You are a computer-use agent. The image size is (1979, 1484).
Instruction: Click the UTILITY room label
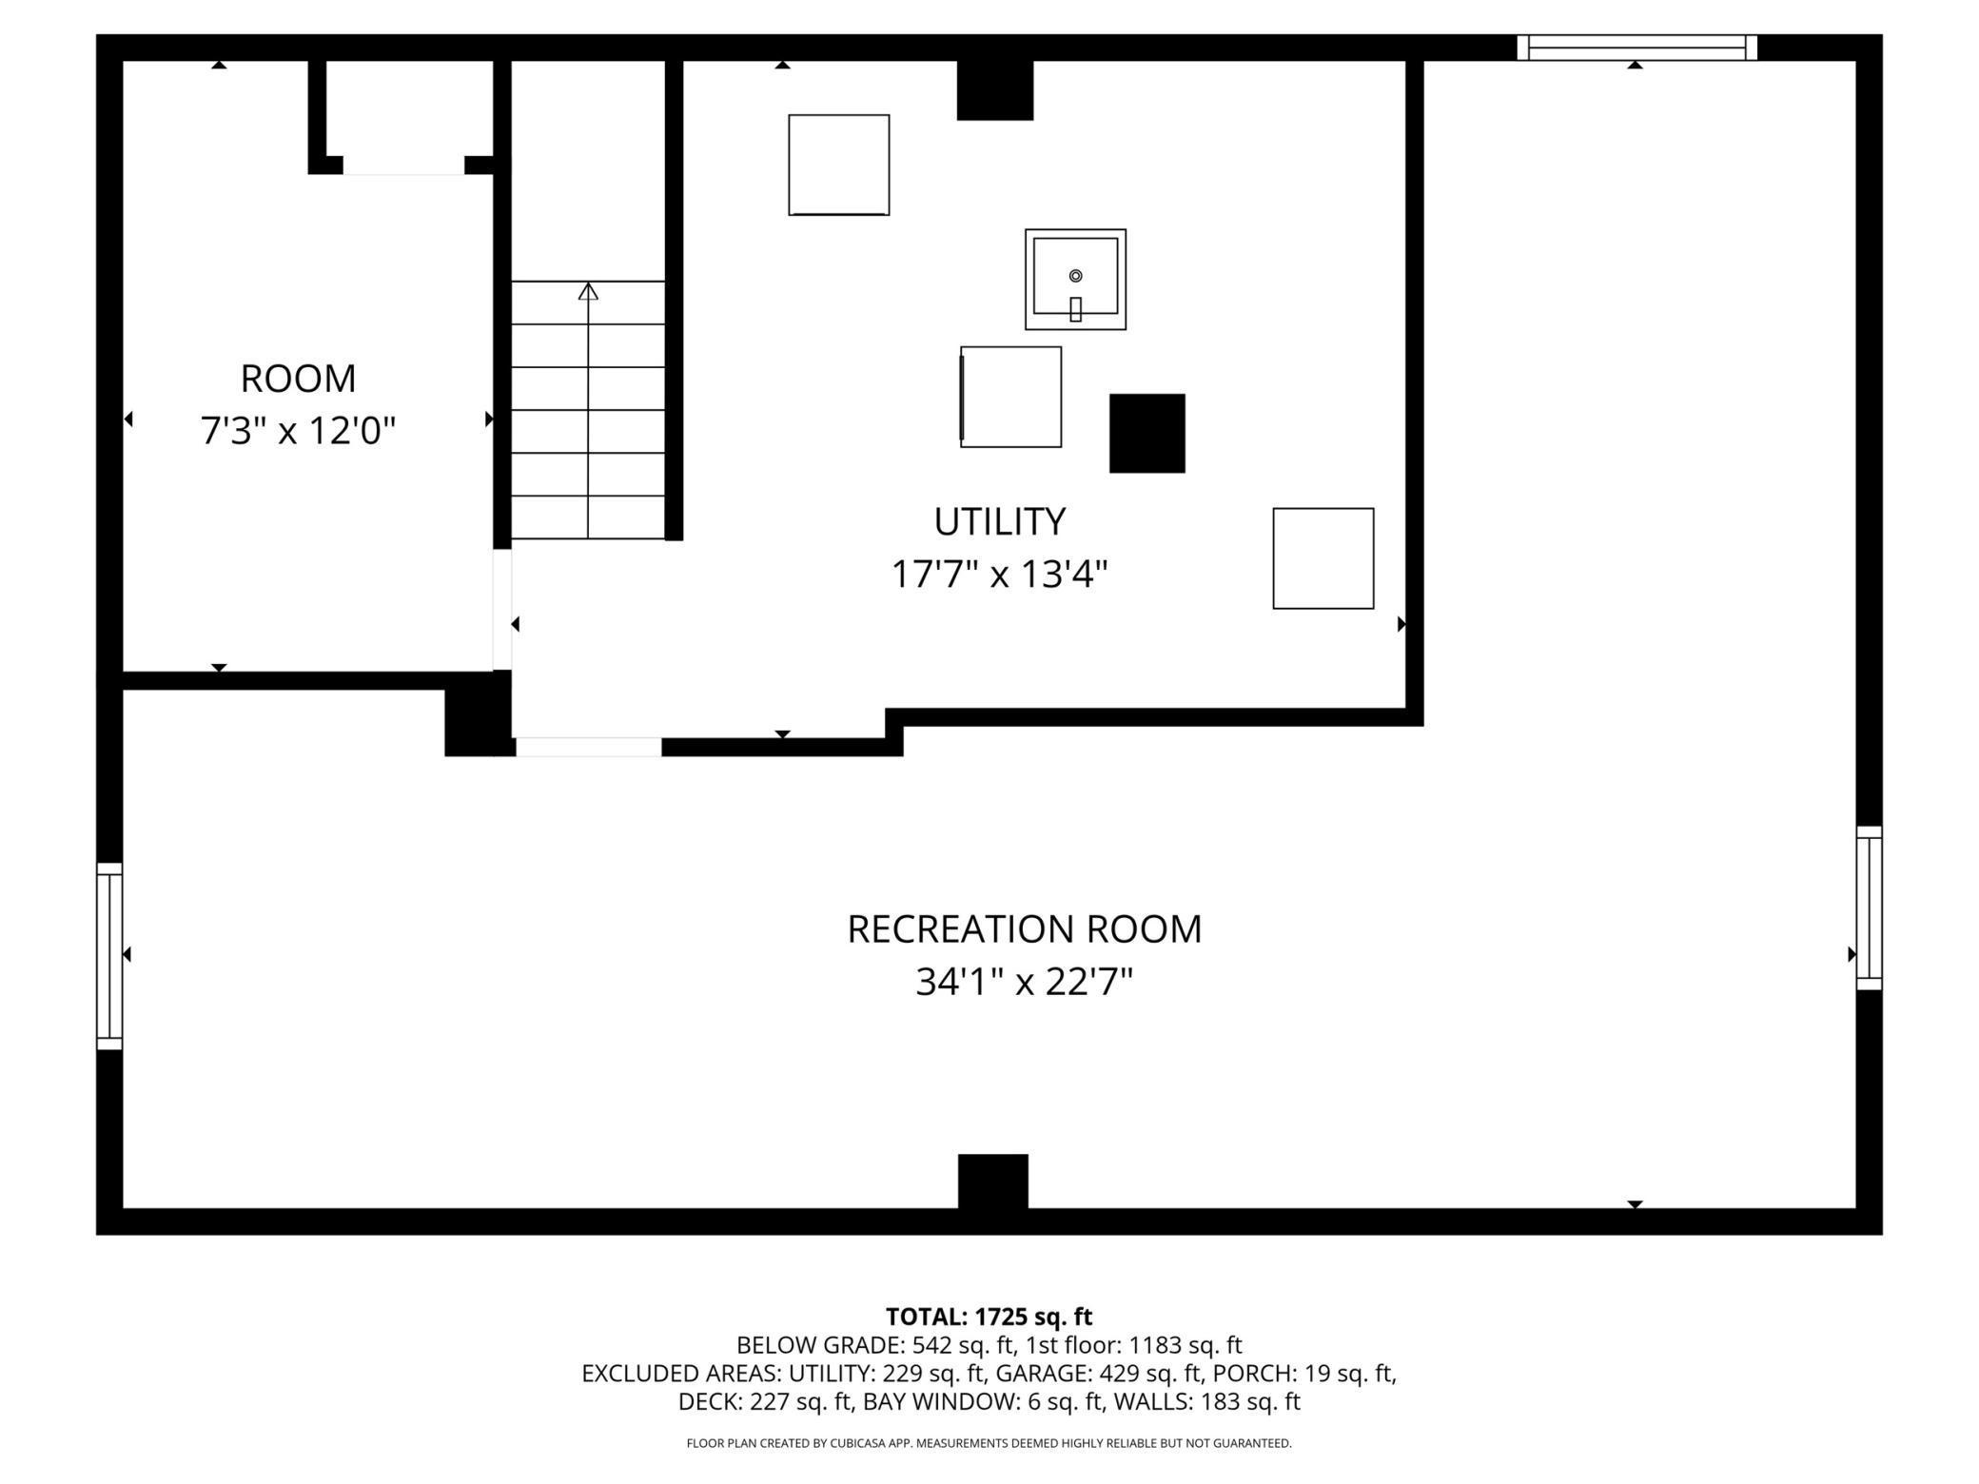pos(999,521)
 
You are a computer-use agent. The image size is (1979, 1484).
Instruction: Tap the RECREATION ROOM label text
pos(1025,929)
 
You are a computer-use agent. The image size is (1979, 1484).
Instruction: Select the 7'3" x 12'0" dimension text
pos(298,431)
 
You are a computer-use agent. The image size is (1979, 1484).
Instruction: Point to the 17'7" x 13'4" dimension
pos(999,575)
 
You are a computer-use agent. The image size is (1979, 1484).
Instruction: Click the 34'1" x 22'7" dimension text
pos(1025,982)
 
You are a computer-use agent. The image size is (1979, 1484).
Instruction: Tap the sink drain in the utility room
pos(1075,276)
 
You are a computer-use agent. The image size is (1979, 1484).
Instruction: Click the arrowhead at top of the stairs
pos(588,291)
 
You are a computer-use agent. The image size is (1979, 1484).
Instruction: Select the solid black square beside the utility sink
pos(1147,433)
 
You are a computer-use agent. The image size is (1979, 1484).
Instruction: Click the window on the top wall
pos(1636,48)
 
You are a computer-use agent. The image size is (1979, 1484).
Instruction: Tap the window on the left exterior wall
pos(109,956)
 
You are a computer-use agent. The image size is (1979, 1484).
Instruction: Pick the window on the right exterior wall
pos(1869,908)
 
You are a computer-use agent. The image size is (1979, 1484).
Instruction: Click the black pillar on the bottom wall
pos(992,1181)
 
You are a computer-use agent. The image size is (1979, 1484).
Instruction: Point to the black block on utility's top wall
pos(994,90)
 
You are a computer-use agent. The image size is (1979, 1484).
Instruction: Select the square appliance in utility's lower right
pos(1323,558)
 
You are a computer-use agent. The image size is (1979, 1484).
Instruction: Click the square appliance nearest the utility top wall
pos(839,166)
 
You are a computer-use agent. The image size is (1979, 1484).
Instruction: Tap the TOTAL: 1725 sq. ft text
pos(989,1317)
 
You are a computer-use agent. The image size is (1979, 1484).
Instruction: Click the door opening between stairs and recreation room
pos(588,747)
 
